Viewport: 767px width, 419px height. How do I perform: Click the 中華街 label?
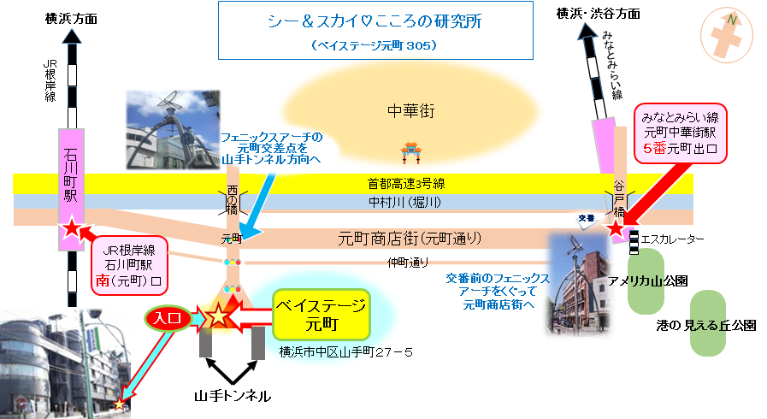[411, 111]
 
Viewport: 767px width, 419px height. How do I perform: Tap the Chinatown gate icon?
[411, 152]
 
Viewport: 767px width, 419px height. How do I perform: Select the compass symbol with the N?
[727, 35]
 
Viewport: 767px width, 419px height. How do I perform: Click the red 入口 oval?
[168, 318]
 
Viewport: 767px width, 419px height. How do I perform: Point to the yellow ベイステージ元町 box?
[321, 315]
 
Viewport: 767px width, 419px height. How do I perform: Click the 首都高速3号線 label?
[406, 184]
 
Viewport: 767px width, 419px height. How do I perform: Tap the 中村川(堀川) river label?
[404, 202]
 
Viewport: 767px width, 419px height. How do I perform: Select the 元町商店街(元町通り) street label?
[410, 239]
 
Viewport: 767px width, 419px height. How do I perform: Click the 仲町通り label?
[408, 263]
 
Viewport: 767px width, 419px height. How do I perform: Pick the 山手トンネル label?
[233, 396]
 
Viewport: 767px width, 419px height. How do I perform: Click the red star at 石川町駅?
[72, 227]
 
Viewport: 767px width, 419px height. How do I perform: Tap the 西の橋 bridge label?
[232, 200]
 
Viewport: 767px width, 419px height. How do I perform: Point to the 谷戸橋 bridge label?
[619, 199]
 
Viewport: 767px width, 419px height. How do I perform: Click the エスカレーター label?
[673, 239]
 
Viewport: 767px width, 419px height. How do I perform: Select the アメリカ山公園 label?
[647, 281]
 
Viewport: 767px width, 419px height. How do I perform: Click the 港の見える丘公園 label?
[706, 325]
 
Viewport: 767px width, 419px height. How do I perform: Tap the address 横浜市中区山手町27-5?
[345, 352]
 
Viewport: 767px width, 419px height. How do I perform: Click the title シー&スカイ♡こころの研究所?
[375, 21]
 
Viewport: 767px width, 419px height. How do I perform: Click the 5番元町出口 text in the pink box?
[680, 148]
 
